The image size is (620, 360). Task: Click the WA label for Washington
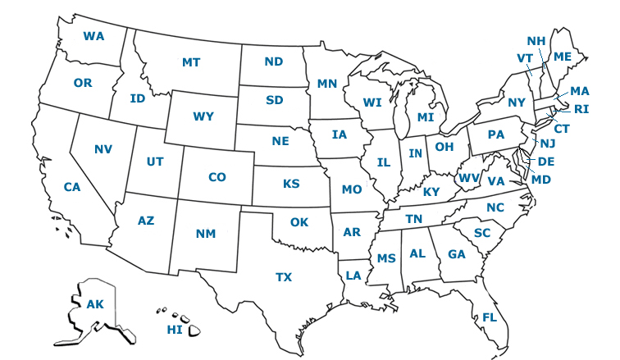tap(93, 37)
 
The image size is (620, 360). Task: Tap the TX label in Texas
tap(284, 277)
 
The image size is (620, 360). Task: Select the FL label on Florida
tap(490, 317)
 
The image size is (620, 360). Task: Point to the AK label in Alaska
tap(95, 304)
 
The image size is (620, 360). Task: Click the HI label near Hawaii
tap(175, 330)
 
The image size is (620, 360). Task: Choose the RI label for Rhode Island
tap(581, 109)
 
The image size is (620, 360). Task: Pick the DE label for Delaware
tap(546, 162)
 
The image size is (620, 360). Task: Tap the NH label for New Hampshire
tap(536, 41)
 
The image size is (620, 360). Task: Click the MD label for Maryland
tap(541, 180)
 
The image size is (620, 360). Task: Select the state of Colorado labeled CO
tap(217, 177)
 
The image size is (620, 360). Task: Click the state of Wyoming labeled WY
tap(203, 116)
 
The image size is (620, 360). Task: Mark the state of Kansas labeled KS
tap(291, 184)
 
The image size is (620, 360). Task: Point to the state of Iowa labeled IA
tap(340, 134)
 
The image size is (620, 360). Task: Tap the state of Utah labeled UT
tap(155, 162)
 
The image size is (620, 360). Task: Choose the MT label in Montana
tap(191, 62)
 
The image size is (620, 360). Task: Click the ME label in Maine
tap(563, 57)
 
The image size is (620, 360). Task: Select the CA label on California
tap(72, 187)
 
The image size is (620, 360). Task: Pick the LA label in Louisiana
tap(353, 276)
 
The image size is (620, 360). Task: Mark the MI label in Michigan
tap(425, 117)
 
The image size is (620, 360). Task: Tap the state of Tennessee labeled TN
tap(414, 219)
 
